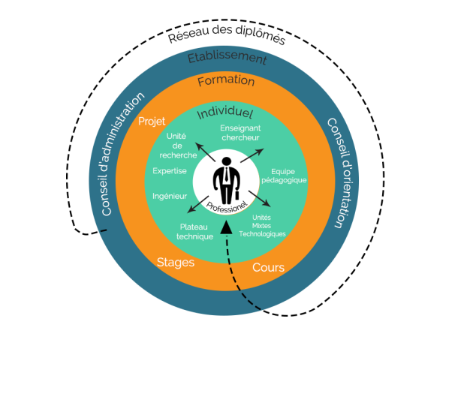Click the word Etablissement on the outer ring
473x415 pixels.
227,58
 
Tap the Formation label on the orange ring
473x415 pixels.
226,81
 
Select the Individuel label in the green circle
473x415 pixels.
224,113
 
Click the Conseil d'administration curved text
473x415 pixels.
122,153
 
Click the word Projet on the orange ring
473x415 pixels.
152,122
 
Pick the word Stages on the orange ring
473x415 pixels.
176,263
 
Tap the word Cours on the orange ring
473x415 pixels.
268,268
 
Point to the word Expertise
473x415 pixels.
170,171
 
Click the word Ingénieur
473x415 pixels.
170,197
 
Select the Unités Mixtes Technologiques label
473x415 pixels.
262,225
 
